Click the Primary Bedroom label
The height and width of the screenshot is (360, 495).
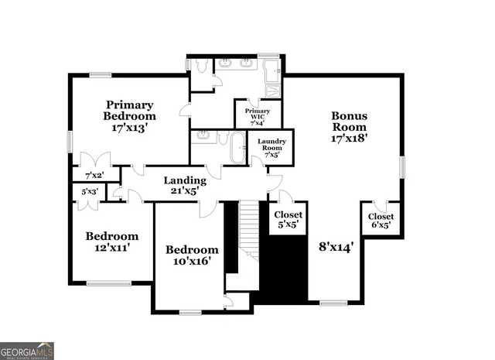[x=130, y=116]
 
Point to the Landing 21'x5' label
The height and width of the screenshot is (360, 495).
[x=184, y=185]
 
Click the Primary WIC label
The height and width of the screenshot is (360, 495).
[x=258, y=116]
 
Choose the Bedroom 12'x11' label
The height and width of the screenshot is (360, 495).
[x=112, y=242]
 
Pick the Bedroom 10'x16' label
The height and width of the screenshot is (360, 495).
[x=192, y=255]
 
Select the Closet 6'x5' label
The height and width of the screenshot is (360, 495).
[x=381, y=221]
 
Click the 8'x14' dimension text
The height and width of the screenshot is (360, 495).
[x=336, y=248]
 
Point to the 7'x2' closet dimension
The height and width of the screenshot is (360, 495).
[x=94, y=175]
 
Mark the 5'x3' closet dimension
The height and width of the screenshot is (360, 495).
[x=89, y=191]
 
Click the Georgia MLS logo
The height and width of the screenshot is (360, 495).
[x=27, y=351]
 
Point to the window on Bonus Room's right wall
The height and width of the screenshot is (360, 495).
[x=401, y=167]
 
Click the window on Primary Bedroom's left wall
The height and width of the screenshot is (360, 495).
[x=70, y=141]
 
